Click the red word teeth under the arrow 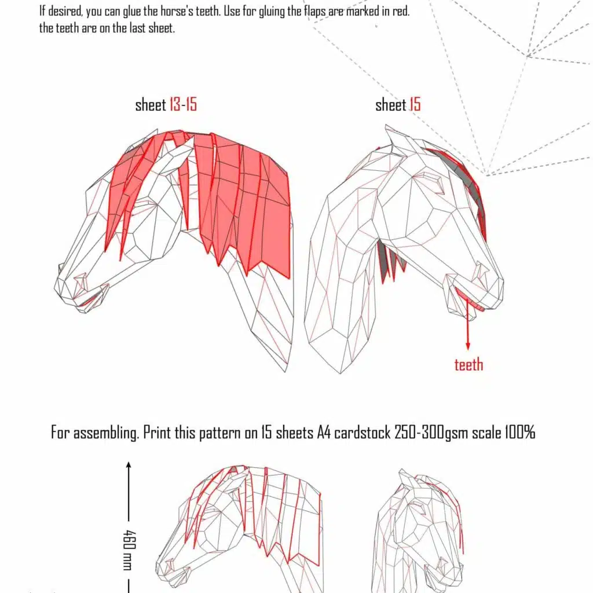[x=468, y=365]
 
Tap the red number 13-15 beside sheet [x=183, y=105]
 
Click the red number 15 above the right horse [x=415, y=105]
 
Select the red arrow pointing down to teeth [x=468, y=324]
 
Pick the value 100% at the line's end [x=518, y=433]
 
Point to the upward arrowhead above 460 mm [x=129, y=465]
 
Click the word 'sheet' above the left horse [x=150, y=105]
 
